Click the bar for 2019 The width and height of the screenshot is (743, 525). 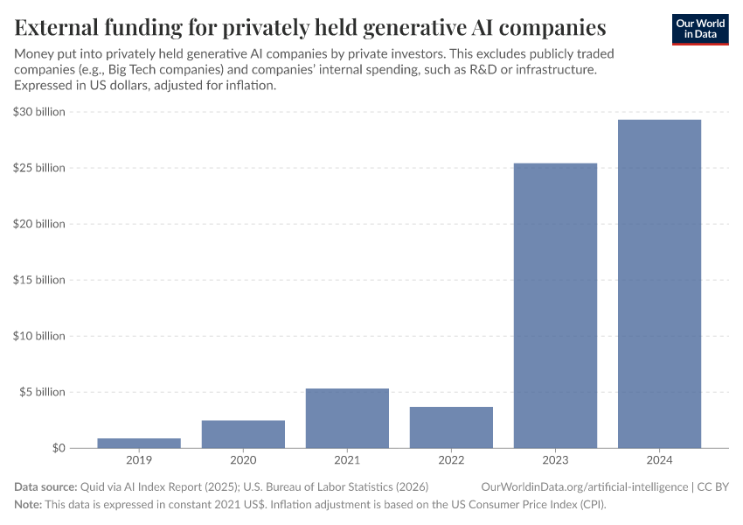(139, 443)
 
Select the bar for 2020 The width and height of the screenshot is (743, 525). (243, 434)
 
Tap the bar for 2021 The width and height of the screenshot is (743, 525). (347, 418)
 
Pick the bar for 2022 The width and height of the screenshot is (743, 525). (451, 427)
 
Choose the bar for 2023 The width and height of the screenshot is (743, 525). (555, 305)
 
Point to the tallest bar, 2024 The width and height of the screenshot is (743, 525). (659, 283)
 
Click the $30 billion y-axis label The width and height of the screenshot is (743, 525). (39, 112)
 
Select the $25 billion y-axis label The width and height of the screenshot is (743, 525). (39, 168)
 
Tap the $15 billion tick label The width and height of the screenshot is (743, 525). (39, 280)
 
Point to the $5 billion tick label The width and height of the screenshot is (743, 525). (42, 392)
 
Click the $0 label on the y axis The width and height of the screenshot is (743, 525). (57, 448)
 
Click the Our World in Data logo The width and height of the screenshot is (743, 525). (699, 29)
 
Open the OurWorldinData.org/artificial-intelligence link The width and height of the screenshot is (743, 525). (583, 486)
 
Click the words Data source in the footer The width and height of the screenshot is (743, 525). (45, 486)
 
